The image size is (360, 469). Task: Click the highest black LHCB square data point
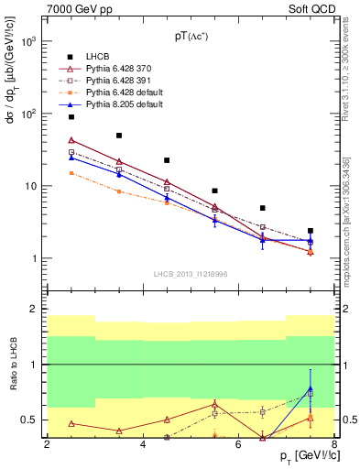pyautogui.click(x=71, y=117)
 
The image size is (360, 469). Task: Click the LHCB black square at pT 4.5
pyautogui.click(x=167, y=160)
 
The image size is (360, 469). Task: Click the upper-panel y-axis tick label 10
pyautogui.click(x=33, y=186)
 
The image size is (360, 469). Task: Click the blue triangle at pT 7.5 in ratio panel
pyautogui.click(x=311, y=388)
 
